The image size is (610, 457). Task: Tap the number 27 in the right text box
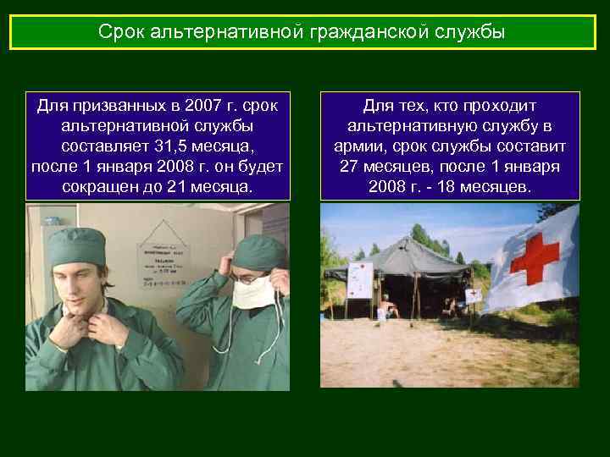click(x=350, y=165)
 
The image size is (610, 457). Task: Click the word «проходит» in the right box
click(x=502, y=107)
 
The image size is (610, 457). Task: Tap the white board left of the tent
click(x=360, y=278)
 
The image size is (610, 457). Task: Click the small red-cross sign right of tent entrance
click(x=473, y=296)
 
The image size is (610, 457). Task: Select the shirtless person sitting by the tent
click(x=385, y=306)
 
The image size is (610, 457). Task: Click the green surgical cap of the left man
click(x=77, y=245)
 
